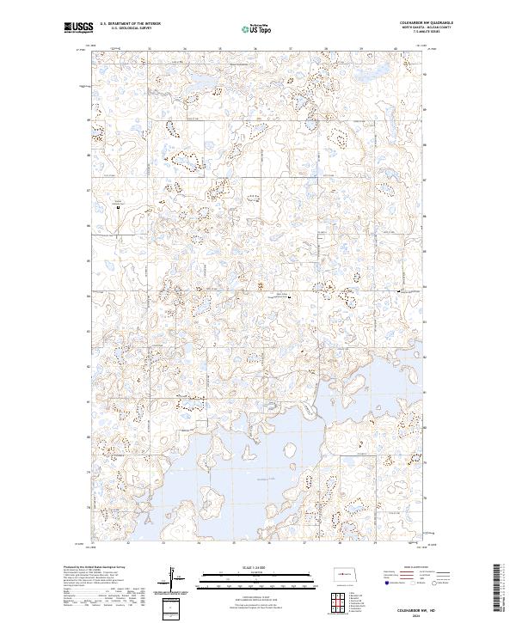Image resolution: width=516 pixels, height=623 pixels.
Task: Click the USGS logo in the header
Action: [x=79, y=27]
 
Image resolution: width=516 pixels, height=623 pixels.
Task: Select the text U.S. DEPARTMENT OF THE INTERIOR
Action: [x=130, y=24]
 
